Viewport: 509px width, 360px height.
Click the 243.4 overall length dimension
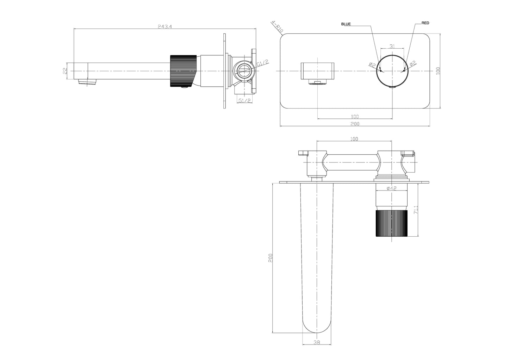click(165, 27)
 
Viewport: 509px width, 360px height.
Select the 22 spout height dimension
click(65, 71)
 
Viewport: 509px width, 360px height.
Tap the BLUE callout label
click(346, 24)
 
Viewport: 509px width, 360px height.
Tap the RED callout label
click(425, 23)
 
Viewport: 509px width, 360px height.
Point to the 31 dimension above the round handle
click(392, 46)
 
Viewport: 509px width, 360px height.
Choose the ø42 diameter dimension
click(391, 188)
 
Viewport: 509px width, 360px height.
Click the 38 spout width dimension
click(317, 341)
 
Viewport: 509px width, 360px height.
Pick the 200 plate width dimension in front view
click(355, 124)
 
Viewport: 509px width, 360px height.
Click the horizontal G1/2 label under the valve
click(244, 101)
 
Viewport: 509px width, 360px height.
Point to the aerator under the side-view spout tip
click(87, 82)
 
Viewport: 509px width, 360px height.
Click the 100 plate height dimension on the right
click(438, 70)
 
